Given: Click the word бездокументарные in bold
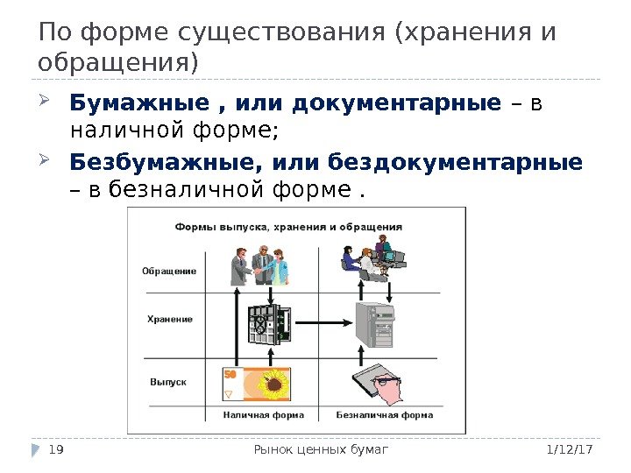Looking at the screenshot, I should point(455,162).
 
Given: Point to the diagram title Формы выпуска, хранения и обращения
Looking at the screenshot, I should point(289,226).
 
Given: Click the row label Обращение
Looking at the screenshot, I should point(169,271).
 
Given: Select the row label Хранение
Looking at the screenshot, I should point(170,319).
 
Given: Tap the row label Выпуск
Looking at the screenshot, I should point(168,382).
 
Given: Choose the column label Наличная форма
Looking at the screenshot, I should point(263,414).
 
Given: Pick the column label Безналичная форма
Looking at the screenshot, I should point(385,414).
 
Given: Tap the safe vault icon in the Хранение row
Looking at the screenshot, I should point(268,325).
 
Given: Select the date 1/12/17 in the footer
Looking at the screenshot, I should point(576,449).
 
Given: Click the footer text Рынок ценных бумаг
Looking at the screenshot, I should point(320,449).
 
